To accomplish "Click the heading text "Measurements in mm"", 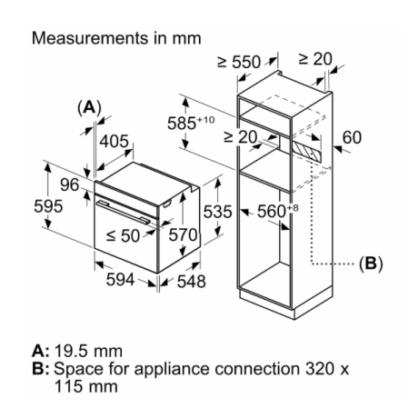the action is (x=116, y=38).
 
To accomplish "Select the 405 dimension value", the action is (x=114, y=142).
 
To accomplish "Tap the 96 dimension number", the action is (x=70, y=184).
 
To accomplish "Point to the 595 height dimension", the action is (x=48, y=206).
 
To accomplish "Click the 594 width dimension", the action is (x=120, y=279).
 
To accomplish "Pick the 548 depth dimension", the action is (x=192, y=282).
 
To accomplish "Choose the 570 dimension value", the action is (x=183, y=234).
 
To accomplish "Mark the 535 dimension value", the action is (x=217, y=212).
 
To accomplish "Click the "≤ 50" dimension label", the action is (x=124, y=235).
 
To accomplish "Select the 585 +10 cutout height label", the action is (x=191, y=123).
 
